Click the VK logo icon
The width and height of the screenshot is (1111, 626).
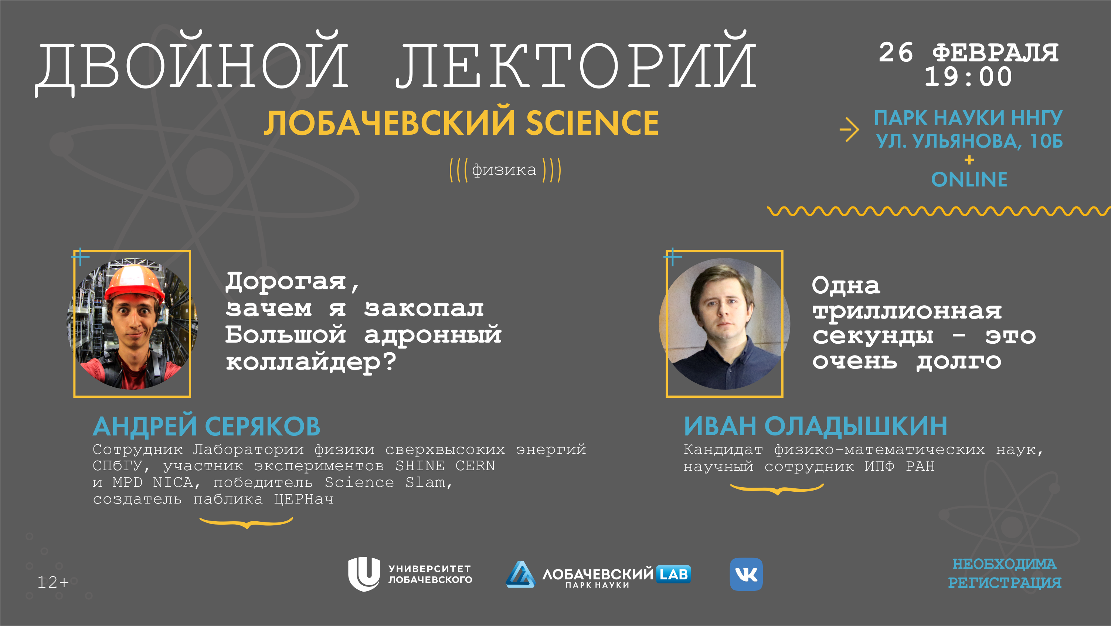[746, 574]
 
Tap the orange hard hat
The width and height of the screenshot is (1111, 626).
[135, 284]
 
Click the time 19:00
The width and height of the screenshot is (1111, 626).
[968, 77]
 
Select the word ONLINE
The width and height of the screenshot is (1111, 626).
[969, 179]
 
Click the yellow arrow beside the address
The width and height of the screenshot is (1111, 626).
[849, 129]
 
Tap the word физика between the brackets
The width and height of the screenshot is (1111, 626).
[504, 170]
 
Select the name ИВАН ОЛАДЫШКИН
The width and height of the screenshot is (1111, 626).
[816, 426]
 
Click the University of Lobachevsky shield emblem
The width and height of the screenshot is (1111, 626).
[364, 574]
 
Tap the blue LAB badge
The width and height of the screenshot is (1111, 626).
[673, 574]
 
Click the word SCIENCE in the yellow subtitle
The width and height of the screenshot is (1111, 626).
[592, 123]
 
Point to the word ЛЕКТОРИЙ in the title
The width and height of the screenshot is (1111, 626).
[576, 60]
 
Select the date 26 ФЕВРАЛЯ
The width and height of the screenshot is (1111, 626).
[969, 53]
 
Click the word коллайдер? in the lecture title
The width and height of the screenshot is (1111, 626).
[310, 362]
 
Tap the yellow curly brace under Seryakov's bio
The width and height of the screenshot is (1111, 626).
[246, 523]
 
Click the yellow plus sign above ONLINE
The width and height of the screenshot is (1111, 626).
[969, 160]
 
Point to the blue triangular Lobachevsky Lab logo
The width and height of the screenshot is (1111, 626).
[520, 574]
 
